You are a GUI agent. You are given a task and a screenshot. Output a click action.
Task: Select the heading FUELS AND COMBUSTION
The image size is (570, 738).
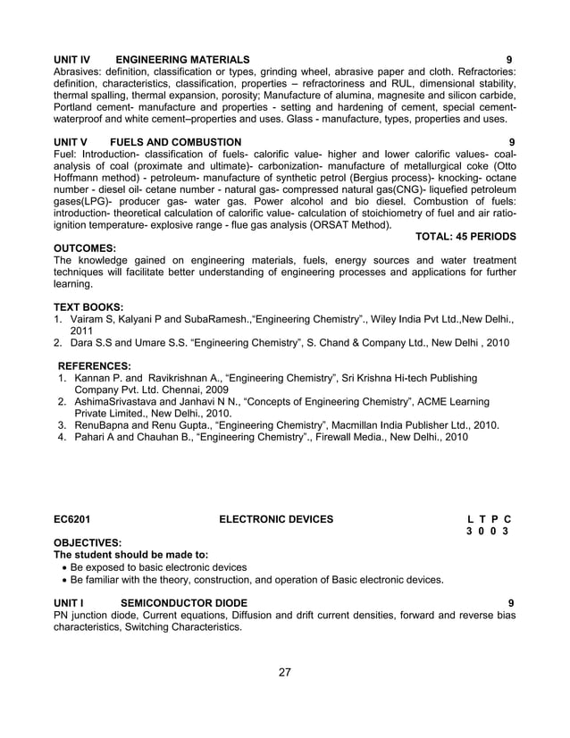click(175, 142)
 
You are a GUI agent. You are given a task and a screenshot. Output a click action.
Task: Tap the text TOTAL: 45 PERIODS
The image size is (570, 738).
click(465, 237)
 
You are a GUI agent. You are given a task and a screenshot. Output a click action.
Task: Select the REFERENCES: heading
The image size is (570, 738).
click(95, 365)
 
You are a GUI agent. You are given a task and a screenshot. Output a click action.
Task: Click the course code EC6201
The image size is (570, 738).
click(71, 518)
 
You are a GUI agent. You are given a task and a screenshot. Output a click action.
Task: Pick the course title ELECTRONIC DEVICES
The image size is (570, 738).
click(276, 518)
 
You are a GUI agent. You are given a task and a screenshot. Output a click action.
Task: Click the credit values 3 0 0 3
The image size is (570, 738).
click(488, 531)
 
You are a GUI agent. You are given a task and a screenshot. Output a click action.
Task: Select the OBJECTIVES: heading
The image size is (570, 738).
click(88, 542)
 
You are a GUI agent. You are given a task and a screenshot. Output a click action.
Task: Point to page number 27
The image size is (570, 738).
click(284, 672)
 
